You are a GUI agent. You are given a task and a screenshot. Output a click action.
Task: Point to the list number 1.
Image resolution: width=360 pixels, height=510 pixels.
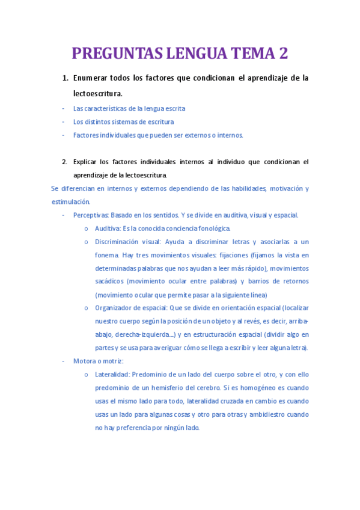pyautogui.click(x=65, y=78)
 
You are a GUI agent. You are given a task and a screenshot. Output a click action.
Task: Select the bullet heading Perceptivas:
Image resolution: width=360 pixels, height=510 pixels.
pyautogui.click(x=91, y=215)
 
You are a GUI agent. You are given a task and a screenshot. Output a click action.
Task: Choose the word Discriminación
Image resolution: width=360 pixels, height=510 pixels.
pyautogui.click(x=120, y=242)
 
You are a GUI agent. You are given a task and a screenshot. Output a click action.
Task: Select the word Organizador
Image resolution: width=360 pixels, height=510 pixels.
pyautogui.click(x=114, y=308)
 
